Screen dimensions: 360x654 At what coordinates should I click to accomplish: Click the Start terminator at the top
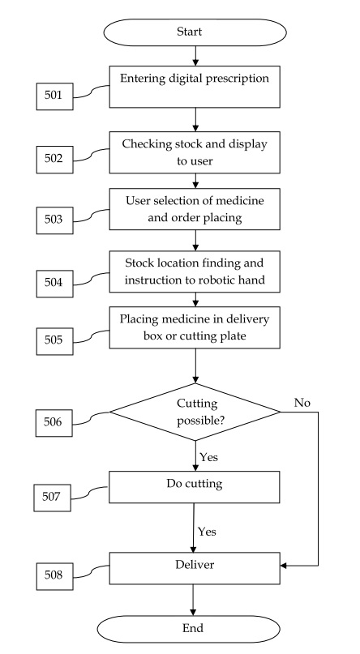click(195, 32)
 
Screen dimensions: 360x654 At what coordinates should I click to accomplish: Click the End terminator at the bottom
click(189, 629)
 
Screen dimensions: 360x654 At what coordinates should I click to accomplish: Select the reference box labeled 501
click(54, 96)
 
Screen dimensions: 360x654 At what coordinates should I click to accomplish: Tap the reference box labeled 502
click(54, 160)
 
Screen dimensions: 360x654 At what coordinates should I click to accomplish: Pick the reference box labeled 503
click(54, 220)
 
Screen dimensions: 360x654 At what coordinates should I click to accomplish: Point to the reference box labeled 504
click(54, 283)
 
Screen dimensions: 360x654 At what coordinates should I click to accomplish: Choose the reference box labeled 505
click(54, 341)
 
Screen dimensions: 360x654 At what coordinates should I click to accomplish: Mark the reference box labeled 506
click(54, 423)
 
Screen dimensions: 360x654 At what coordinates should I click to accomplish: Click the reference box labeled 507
click(52, 498)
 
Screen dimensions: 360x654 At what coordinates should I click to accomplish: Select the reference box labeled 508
click(54, 576)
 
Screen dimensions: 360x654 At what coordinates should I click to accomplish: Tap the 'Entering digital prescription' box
click(195, 87)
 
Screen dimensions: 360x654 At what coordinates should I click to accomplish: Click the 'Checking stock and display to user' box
click(195, 152)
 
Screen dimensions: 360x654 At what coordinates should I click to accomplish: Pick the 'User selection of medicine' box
click(195, 209)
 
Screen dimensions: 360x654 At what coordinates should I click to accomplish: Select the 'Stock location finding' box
click(195, 271)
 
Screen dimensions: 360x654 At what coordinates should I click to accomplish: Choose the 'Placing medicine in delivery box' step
click(195, 328)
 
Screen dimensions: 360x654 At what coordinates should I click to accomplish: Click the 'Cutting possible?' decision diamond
click(195, 412)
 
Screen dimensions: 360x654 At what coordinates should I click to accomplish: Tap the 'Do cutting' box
click(195, 487)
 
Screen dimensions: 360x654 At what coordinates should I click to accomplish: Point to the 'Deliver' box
click(195, 568)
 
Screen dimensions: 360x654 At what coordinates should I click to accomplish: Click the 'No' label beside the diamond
click(302, 403)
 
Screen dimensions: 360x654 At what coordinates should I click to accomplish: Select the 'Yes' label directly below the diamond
click(208, 457)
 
